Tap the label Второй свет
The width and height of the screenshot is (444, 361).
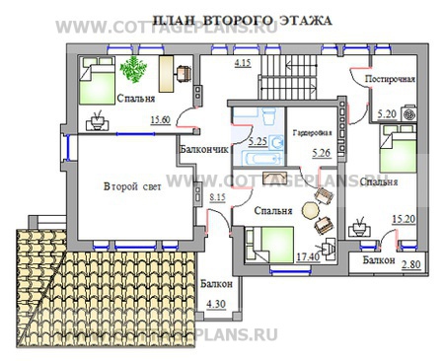pyautogui.click(x=132, y=186)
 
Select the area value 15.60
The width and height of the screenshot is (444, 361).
pyautogui.click(x=160, y=121)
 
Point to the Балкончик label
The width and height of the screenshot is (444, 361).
pyautogui.click(x=204, y=149)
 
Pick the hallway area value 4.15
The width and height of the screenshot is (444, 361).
pyautogui.click(x=242, y=64)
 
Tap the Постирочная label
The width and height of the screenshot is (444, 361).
pyautogui.click(x=389, y=79)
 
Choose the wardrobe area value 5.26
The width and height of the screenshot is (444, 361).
pyautogui.click(x=320, y=152)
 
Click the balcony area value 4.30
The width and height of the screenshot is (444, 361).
pyautogui.click(x=214, y=304)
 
